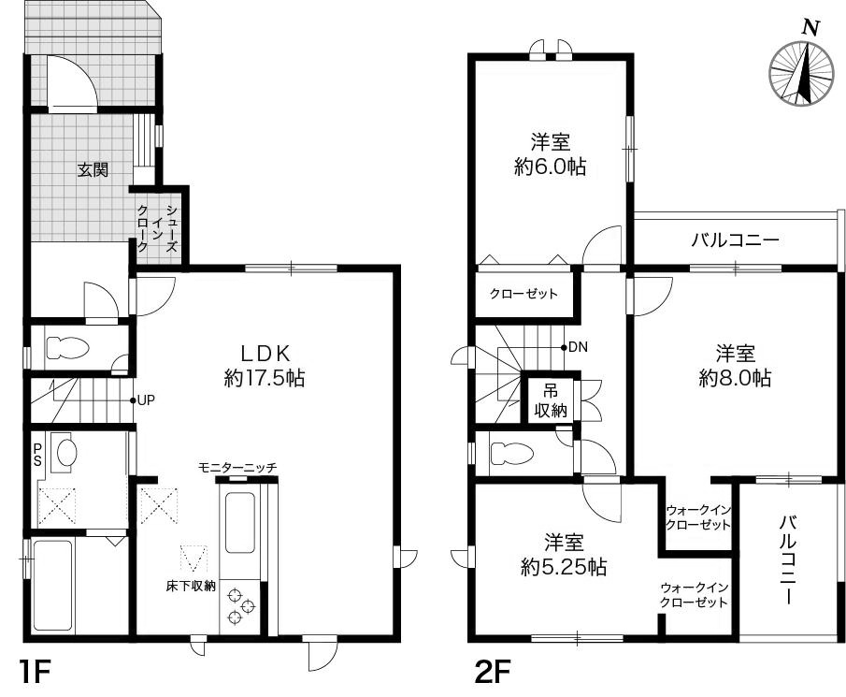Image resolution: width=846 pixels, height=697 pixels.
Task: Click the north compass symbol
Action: click(801, 73)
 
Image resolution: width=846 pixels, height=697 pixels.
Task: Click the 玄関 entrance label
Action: click(92, 170)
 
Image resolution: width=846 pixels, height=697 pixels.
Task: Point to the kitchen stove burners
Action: click(241, 605)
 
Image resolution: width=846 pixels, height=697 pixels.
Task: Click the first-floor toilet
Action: click(66, 348)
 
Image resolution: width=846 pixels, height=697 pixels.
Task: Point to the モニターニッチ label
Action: click(237, 467)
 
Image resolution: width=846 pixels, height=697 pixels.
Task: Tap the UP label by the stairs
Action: click(145, 400)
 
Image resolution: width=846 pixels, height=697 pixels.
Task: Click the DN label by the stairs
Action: click(577, 347)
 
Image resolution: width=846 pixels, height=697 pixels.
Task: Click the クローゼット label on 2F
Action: click(523, 294)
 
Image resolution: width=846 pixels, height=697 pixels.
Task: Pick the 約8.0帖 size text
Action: click(735, 378)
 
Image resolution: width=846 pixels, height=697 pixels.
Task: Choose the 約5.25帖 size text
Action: click(565, 566)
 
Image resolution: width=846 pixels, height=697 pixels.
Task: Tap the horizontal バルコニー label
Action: click(735, 240)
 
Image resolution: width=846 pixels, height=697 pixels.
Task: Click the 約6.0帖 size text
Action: click(551, 167)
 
